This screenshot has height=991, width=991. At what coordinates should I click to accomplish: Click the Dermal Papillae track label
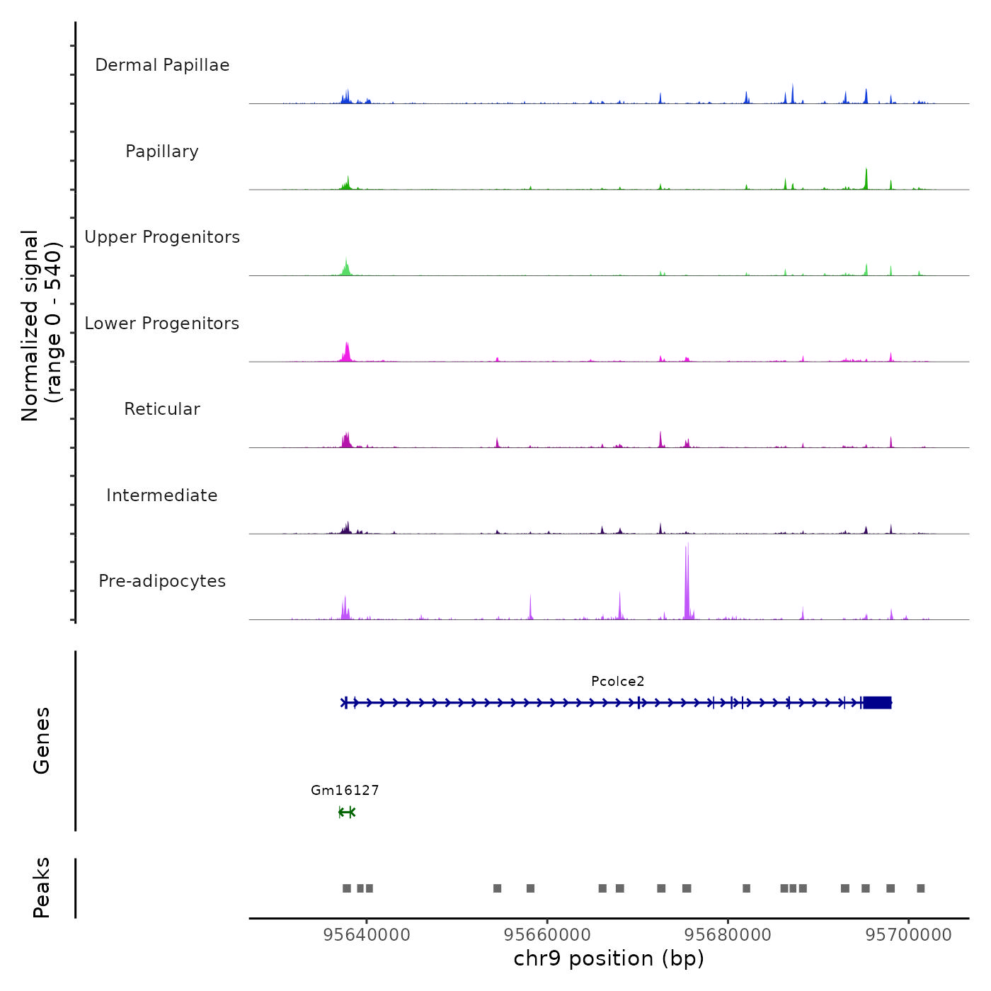[162, 65]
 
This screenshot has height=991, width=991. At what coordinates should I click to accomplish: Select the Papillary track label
[162, 151]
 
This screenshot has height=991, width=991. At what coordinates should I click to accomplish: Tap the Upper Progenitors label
[162, 237]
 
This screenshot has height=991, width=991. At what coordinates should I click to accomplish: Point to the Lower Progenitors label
[162, 323]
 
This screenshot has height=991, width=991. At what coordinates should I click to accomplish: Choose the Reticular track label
[162, 409]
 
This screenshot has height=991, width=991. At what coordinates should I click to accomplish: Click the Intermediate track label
[162, 495]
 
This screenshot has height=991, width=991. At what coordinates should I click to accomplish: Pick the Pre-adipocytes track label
[162, 581]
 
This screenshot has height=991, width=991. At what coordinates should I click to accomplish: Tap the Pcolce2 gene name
[618, 682]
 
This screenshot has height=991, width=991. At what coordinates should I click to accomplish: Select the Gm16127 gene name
[345, 791]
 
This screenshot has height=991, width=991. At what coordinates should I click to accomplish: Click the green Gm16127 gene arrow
[346, 812]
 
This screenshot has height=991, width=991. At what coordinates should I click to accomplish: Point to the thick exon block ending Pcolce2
[877, 702]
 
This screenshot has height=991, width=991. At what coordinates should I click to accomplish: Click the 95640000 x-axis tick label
[367, 935]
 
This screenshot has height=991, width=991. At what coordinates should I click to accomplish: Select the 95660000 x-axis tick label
[547, 935]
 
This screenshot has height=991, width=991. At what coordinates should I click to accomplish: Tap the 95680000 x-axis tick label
[728, 935]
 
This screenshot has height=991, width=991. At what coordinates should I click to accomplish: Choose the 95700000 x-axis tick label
[909, 935]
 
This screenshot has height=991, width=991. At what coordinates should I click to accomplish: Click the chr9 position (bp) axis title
[609, 958]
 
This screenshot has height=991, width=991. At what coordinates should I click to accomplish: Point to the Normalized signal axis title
[41, 326]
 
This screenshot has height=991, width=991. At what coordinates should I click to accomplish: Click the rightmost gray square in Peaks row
[920, 888]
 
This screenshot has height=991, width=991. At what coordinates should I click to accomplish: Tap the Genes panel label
[42, 740]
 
